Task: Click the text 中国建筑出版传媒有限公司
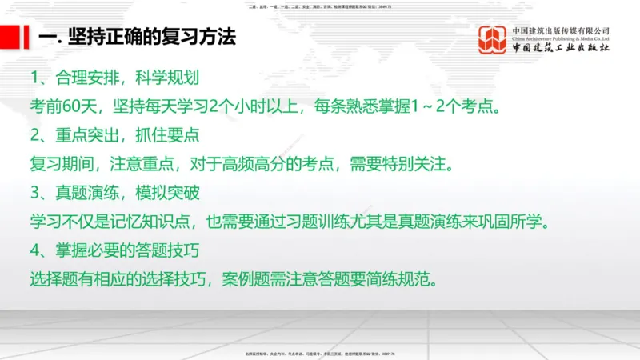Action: [561, 31]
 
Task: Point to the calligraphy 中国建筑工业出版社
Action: [561, 49]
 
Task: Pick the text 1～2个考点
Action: [472, 106]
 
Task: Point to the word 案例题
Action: [272, 280]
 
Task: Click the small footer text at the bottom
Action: [320, 353]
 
